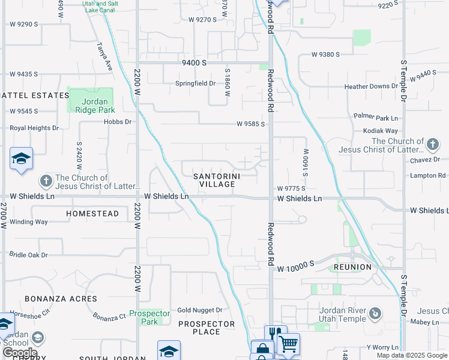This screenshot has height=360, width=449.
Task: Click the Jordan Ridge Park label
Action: pyautogui.click(x=91, y=106)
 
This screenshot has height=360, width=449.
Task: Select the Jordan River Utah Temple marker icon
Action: pyautogui.click(x=375, y=313)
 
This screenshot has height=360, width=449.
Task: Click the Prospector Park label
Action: pyautogui.click(x=149, y=317)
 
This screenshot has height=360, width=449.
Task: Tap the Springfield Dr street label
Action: pyautogui.click(x=195, y=83)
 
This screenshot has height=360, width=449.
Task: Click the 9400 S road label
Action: pyautogui.click(x=194, y=62)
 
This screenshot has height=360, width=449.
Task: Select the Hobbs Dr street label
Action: pyautogui.click(x=117, y=122)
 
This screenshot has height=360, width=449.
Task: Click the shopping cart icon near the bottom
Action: pyautogui.click(x=288, y=344)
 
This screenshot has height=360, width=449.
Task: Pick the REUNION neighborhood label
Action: pyautogui.click(x=353, y=266)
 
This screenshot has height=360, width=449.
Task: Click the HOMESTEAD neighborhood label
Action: pyautogui.click(x=92, y=214)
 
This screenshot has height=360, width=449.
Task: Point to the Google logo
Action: pyautogui.click(x=20, y=353)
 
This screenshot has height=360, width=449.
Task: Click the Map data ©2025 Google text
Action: pyautogui.click(x=412, y=356)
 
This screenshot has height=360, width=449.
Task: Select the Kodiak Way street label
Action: pyautogui.click(x=381, y=131)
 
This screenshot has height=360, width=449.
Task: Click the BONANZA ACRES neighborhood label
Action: pyautogui.click(x=61, y=298)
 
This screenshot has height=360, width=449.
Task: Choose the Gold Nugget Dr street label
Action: pyautogui.click(x=200, y=310)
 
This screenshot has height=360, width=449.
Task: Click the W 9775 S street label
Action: pyautogui.click(x=292, y=188)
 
